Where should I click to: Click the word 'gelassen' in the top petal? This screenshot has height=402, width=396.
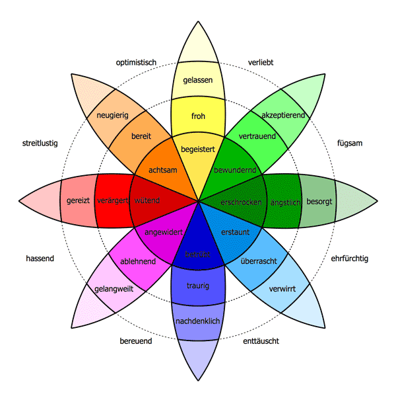click(x=198, y=80)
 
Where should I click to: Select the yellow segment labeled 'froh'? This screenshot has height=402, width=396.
click(x=198, y=116)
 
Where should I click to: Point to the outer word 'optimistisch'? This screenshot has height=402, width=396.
click(x=135, y=63)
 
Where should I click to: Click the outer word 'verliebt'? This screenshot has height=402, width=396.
click(x=261, y=63)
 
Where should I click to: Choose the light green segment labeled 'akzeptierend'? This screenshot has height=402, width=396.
click(x=282, y=115)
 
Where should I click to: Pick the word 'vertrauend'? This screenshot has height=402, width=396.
click(x=257, y=136)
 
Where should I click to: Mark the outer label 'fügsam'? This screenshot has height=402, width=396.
click(x=350, y=143)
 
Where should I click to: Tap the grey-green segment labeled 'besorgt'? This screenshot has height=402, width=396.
click(x=319, y=200)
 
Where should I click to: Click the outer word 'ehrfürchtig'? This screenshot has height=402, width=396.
click(x=349, y=259)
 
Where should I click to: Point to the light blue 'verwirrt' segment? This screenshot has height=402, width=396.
click(x=282, y=289)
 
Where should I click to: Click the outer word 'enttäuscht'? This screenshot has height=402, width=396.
click(x=261, y=341)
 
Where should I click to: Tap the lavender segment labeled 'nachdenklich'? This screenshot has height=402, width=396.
click(x=198, y=321)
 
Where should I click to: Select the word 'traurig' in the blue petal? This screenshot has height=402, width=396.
click(x=198, y=286)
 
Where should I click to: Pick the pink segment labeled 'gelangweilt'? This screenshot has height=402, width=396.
click(x=114, y=289)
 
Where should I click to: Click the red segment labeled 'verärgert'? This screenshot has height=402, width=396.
click(x=112, y=200)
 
